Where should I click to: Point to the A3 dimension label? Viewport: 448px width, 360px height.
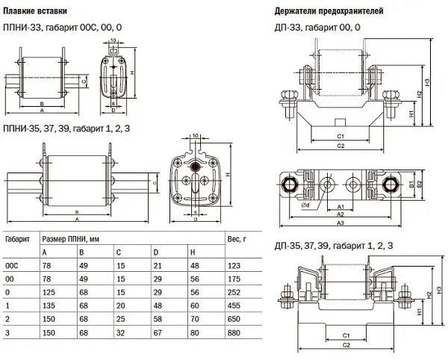(340, 223)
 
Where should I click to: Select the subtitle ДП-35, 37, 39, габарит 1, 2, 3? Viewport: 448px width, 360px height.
(334, 245)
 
